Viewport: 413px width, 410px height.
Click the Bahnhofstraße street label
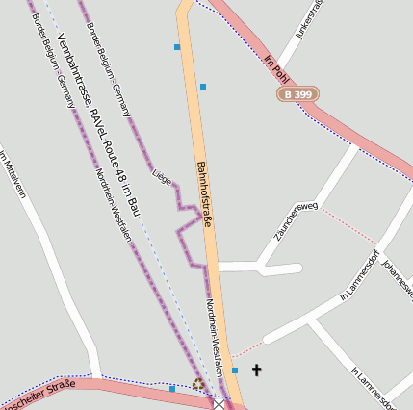tap(203, 192)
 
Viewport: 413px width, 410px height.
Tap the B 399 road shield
tap(298, 94)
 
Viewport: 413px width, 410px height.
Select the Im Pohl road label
tap(276, 67)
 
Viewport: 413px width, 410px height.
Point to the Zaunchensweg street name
tap(295, 220)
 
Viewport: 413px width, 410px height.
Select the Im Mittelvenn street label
tap(11, 174)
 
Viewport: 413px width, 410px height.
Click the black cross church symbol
tap(256, 370)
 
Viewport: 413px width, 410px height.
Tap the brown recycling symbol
tap(198, 383)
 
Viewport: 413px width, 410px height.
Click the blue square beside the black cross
tap(235, 370)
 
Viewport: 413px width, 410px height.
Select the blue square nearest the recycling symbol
tap(172, 389)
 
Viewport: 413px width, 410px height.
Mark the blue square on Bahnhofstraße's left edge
tap(177, 46)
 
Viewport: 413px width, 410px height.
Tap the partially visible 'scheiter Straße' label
tap(39, 394)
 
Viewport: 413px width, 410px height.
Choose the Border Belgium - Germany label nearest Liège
tap(109, 59)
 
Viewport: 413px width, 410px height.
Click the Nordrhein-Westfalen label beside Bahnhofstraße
tap(215, 327)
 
